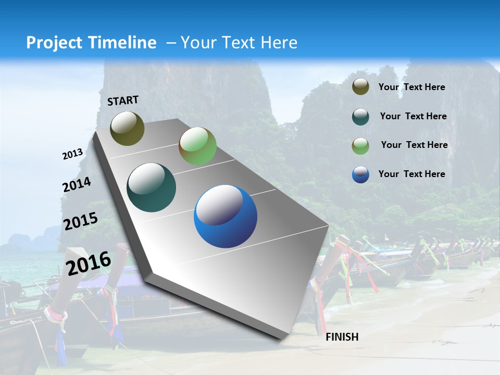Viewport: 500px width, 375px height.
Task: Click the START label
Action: (123, 101)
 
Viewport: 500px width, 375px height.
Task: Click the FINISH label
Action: (342, 337)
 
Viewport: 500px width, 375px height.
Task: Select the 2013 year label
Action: (73, 154)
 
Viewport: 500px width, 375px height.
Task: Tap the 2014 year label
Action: (77, 185)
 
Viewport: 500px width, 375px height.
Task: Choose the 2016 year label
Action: (89, 263)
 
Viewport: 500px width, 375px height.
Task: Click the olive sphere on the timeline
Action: (127, 128)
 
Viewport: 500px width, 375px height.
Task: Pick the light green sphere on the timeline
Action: (197, 146)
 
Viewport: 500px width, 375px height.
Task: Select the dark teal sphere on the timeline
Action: (152, 187)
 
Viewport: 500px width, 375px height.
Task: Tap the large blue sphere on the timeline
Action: (226, 216)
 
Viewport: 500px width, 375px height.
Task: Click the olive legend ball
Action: (360, 87)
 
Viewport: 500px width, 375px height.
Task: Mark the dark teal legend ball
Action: (360, 117)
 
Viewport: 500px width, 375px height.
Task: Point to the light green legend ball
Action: (360, 146)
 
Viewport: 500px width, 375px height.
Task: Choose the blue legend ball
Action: (360, 174)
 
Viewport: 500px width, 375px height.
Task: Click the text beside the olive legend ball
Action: (411, 87)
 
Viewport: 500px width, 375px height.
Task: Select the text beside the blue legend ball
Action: (411, 174)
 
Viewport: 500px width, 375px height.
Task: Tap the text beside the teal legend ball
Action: (413, 116)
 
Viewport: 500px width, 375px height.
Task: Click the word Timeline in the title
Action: (122, 43)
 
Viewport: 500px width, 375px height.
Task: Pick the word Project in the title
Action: (54, 43)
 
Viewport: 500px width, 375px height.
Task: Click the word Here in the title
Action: (279, 43)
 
